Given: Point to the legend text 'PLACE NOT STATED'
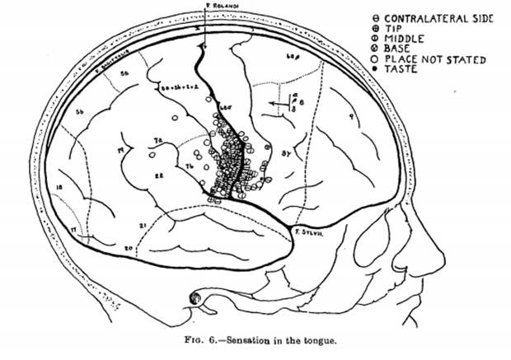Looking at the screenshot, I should point(438,59).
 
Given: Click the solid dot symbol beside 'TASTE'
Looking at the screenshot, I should point(376,70).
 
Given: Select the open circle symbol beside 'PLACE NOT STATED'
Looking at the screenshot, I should point(376,59).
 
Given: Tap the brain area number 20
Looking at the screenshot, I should point(128,247).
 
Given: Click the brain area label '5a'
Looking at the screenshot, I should point(125,74).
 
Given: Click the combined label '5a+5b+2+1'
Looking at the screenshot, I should point(176,86).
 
